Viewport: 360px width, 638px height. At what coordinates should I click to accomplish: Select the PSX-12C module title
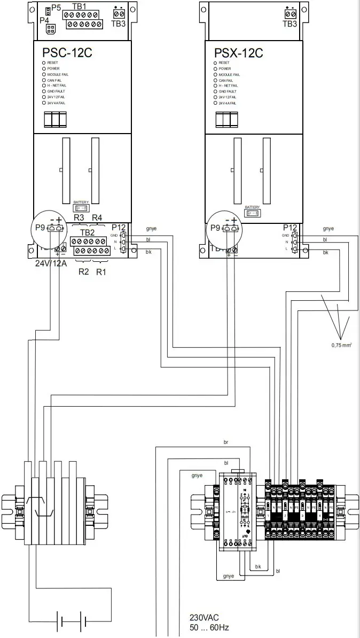(239, 53)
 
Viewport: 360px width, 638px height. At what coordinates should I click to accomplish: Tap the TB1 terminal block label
(79, 6)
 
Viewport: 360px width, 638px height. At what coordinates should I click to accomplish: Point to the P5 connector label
(56, 10)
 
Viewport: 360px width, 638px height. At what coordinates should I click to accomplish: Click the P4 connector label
(44, 20)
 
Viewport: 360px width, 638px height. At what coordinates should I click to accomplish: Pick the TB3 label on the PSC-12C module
(118, 24)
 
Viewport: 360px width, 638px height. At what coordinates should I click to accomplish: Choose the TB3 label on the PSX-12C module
(289, 24)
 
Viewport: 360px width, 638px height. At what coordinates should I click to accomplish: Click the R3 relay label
(79, 217)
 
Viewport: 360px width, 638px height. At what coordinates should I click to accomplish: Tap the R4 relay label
(97, 217)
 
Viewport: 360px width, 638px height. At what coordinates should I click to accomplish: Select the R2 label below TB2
(84, 271)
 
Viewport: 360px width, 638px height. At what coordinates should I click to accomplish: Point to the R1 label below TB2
(101, 271)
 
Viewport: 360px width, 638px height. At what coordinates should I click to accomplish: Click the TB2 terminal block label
(87, 232)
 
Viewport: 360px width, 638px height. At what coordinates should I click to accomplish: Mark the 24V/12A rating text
(51, 263)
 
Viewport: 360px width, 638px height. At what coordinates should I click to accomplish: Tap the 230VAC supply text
(204, 617)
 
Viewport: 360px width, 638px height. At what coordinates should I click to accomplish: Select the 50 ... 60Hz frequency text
(209, 627)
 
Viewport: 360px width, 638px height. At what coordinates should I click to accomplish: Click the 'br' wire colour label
(226, 442)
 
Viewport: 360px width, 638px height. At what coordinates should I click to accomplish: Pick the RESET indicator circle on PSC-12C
(44, 63)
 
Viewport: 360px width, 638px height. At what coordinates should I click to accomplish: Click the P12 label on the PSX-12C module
(289, 227)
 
